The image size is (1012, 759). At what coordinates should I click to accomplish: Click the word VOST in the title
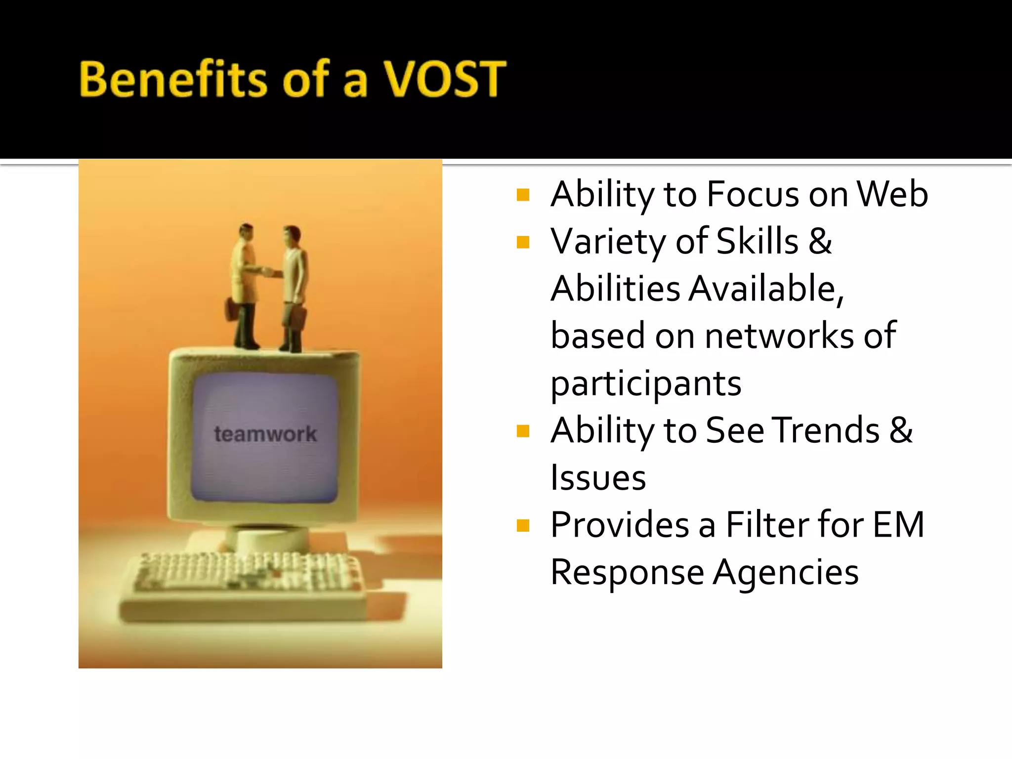tap(445, 79)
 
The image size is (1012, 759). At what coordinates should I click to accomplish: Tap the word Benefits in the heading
tap(173, 79)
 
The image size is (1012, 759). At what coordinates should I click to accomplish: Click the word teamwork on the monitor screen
tap(265, 434)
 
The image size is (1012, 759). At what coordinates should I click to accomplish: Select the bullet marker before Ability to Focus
tap(523, 195)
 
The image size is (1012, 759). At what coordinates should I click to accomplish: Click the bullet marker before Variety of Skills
tap(523, 242)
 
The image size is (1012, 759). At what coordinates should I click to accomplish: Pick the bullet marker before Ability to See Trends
tap(523, 431)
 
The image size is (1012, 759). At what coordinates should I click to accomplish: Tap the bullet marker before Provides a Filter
tap(523, 525)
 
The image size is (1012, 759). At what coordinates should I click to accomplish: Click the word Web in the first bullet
tap(892, 194)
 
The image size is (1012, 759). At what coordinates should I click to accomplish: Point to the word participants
tap(646, 383)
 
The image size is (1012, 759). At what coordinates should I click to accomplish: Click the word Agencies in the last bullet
tap(786, 572)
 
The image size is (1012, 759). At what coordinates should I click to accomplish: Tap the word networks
tap(779, 336)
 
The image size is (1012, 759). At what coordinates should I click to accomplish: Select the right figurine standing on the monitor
tap(295, 287)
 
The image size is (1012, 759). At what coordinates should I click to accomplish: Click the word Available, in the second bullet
tap(766, 289)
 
